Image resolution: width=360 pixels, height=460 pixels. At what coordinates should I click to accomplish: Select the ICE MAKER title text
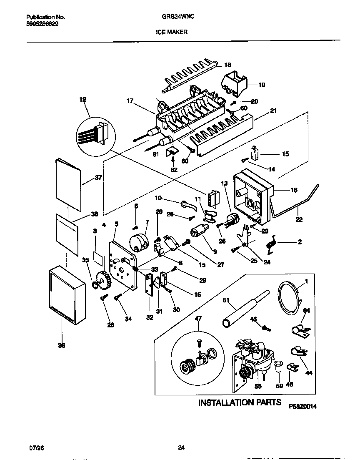coord(171,31)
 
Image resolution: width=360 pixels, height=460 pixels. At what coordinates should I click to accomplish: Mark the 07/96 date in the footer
coord(37,447)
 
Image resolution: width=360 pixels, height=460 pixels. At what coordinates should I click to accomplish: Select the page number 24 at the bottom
coord(181,448)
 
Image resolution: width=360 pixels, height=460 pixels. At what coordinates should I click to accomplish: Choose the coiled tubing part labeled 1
coord(291,297)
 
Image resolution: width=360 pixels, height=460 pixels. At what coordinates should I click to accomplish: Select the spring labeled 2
coord(272,243)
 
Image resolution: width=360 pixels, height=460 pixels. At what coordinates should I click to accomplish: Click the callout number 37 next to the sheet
coord(98,177)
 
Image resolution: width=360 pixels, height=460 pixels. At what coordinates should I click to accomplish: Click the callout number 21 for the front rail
coord(273,111)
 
